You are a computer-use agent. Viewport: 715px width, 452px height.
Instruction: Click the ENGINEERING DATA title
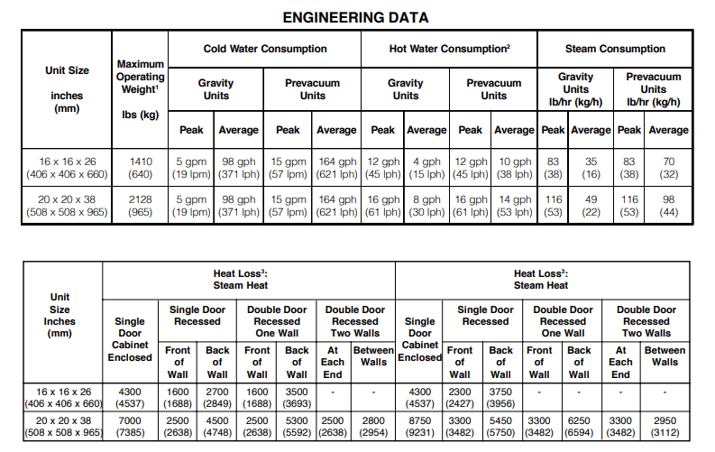356,17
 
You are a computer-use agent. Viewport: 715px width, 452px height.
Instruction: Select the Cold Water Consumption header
265,49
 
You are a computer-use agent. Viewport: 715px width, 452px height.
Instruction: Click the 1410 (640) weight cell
141,169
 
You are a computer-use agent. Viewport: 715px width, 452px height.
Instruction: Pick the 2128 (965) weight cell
141,207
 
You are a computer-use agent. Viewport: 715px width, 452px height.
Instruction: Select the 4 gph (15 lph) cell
426,169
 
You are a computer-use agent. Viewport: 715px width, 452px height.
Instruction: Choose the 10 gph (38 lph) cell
515,169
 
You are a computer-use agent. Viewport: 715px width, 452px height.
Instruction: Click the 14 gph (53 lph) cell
515,207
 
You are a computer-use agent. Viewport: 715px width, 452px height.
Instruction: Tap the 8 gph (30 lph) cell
426,207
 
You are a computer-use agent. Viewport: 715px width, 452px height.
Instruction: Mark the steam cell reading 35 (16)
591,169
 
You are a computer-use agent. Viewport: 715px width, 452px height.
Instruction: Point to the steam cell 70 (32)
668,169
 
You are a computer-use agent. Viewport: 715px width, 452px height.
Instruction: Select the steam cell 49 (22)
591,207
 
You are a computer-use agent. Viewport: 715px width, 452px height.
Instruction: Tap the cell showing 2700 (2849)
217,399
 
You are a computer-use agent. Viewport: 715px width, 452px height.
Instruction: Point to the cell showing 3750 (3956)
500,399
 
